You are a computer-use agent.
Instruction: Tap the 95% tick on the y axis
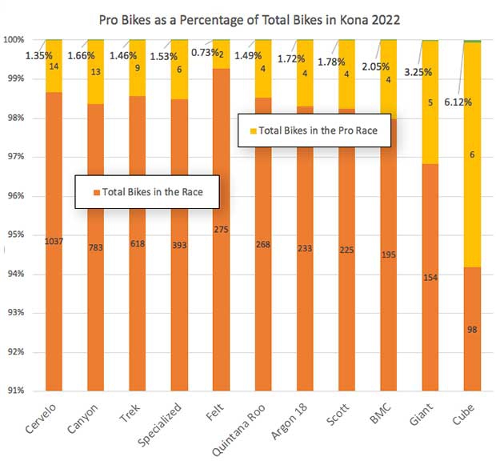point(18,235)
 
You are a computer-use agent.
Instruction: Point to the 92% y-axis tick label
point(18,352)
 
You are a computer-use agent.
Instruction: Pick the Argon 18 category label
point(292,421)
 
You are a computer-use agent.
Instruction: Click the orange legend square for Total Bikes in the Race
point(96,193)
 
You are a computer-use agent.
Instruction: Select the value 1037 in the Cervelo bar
point(54,241)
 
